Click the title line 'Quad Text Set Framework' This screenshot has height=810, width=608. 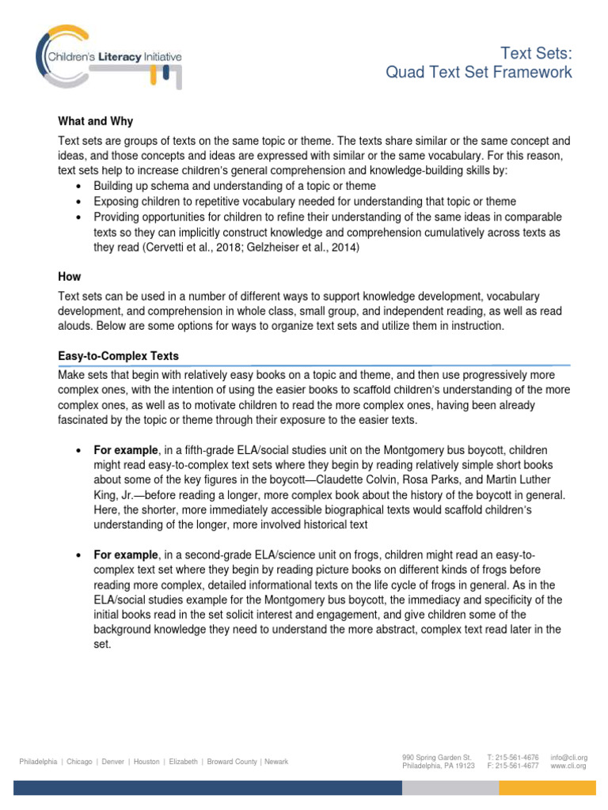coord(478,73)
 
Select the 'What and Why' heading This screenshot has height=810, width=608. coord(96,121)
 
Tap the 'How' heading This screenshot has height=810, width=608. coord(70,278)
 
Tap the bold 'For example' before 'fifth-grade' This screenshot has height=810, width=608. coord(126,450)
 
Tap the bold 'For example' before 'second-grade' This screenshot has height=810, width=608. coord(126,555)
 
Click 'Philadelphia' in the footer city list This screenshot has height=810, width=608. coord(38,762)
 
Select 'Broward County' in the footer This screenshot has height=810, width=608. coord(232,762)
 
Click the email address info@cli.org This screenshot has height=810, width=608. coord(568,757)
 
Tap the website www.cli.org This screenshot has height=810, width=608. coord(568,766)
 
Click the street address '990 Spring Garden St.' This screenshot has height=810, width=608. coord(436,757)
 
